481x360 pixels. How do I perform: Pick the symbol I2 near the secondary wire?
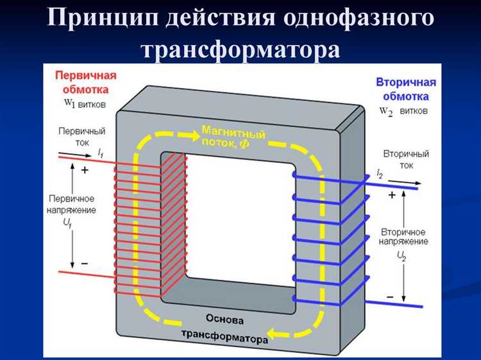[380, 174]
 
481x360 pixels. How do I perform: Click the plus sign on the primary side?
[84, 171]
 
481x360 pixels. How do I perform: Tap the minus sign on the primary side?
[84, 264]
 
